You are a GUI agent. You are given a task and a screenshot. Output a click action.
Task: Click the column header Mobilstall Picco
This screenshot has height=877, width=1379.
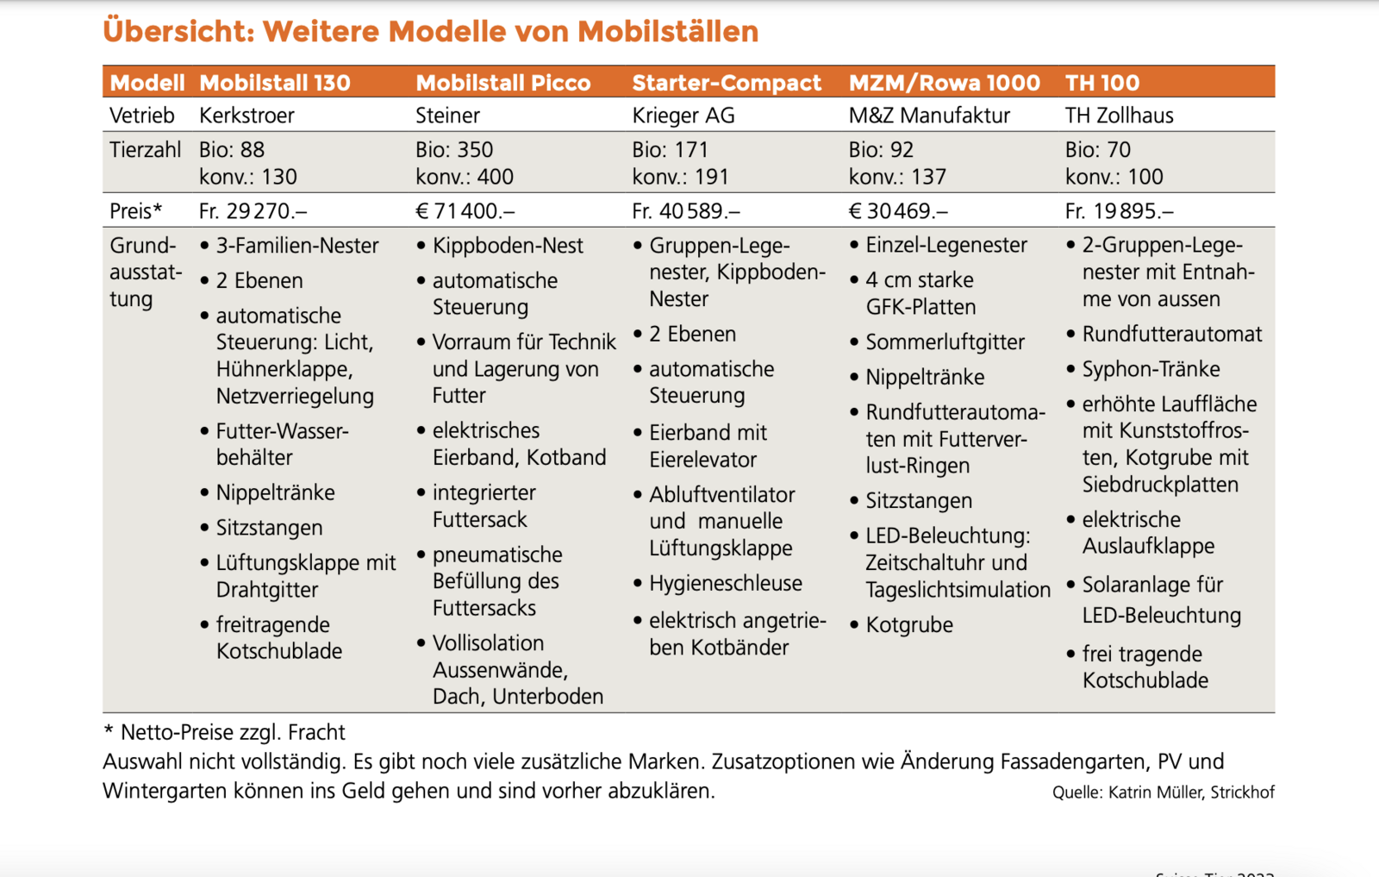click(x=503, y=83)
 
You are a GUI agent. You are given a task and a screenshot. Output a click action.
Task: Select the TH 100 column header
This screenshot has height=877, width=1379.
click(x=1102, y=83)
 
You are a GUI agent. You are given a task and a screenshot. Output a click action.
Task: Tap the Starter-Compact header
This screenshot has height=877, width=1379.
click(x=727, y=83)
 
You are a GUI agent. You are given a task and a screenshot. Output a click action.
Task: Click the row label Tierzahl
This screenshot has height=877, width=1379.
click(x=145, y=150)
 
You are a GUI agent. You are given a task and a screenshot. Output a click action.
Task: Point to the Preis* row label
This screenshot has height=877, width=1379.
click(x=136, y=211)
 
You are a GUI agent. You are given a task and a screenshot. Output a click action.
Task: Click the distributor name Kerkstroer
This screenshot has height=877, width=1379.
click(x=246, y=116)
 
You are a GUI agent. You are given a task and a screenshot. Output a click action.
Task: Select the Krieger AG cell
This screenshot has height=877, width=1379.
click(x=683, y=116)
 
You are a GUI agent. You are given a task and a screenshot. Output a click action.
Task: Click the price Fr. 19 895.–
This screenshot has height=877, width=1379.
click(x=1119, y=211)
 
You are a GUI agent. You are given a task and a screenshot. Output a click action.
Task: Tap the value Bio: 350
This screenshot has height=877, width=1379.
click(x=454, y=150)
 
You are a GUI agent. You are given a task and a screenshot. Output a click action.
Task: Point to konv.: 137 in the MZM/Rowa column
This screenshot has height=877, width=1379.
click(x=897, y=177)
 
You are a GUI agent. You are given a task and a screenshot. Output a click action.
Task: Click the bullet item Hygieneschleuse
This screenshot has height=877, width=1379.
click(x=726, y=584)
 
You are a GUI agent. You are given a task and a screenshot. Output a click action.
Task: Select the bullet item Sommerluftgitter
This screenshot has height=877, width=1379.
click(x=945, y=342)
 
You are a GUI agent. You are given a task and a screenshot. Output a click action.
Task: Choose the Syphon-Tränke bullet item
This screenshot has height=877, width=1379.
click(x=1151, y=369)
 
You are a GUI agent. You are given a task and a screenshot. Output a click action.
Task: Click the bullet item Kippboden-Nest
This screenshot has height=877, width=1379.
click(x=508, y=246)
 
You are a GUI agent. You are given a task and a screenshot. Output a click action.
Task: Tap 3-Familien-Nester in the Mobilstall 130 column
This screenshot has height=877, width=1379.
click(x=297, y=246)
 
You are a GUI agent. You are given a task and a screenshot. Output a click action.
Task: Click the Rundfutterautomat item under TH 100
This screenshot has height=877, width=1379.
click(x=1171, y=334)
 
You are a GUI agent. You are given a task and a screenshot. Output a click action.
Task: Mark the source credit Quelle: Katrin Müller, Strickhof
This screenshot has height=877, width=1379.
click(x=1163, y=792)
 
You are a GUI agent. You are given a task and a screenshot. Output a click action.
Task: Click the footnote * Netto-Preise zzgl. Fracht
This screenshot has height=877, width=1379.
click(x=225, y=733)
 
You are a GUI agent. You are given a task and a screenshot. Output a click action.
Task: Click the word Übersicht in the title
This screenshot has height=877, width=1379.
click(x=178, y=32)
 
